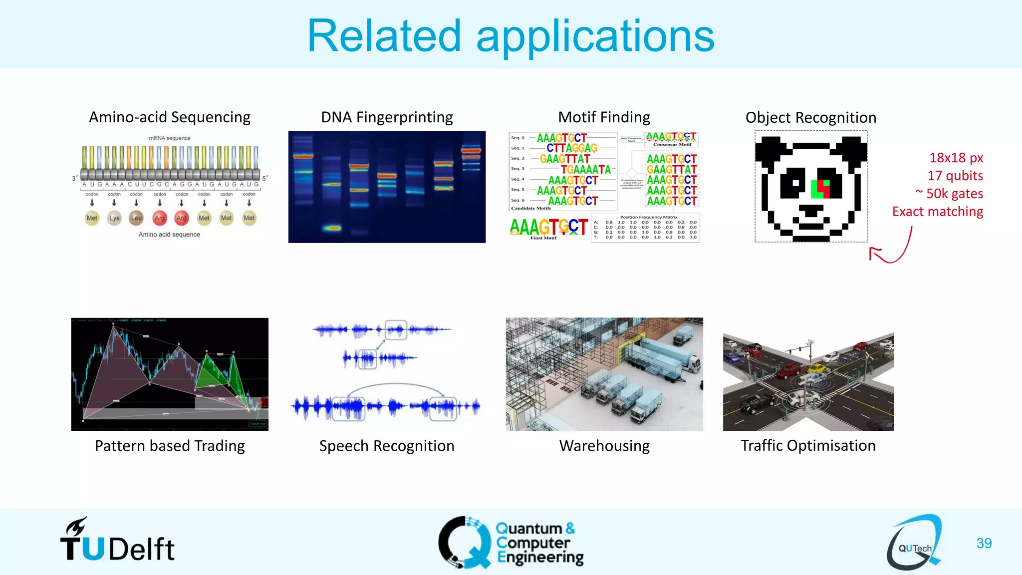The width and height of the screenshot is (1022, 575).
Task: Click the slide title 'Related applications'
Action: [511, 36]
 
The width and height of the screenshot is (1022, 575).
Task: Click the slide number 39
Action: [984, 543]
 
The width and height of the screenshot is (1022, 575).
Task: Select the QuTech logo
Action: [914, 543]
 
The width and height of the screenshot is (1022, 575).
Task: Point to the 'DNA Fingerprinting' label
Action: [387, 117]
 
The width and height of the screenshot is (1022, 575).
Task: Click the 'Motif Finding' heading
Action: [604, 117]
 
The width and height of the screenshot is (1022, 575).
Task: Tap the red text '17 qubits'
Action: [955, 176]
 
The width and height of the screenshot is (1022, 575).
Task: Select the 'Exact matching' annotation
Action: [937, 212]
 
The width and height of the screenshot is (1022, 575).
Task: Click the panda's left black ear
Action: [771, 150]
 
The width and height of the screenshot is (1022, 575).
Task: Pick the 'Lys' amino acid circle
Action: [114, 218]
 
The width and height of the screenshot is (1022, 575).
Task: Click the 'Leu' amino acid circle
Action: [136, 218]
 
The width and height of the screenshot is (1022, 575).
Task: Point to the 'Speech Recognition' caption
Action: [387, 446]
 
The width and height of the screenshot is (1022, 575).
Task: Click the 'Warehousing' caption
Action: [604, 446]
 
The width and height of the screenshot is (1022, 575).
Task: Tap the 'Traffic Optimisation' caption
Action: [808, 445]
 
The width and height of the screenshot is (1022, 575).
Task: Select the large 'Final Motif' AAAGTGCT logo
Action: [548, 227]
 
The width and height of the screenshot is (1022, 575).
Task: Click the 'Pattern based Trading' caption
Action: [170, 446]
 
